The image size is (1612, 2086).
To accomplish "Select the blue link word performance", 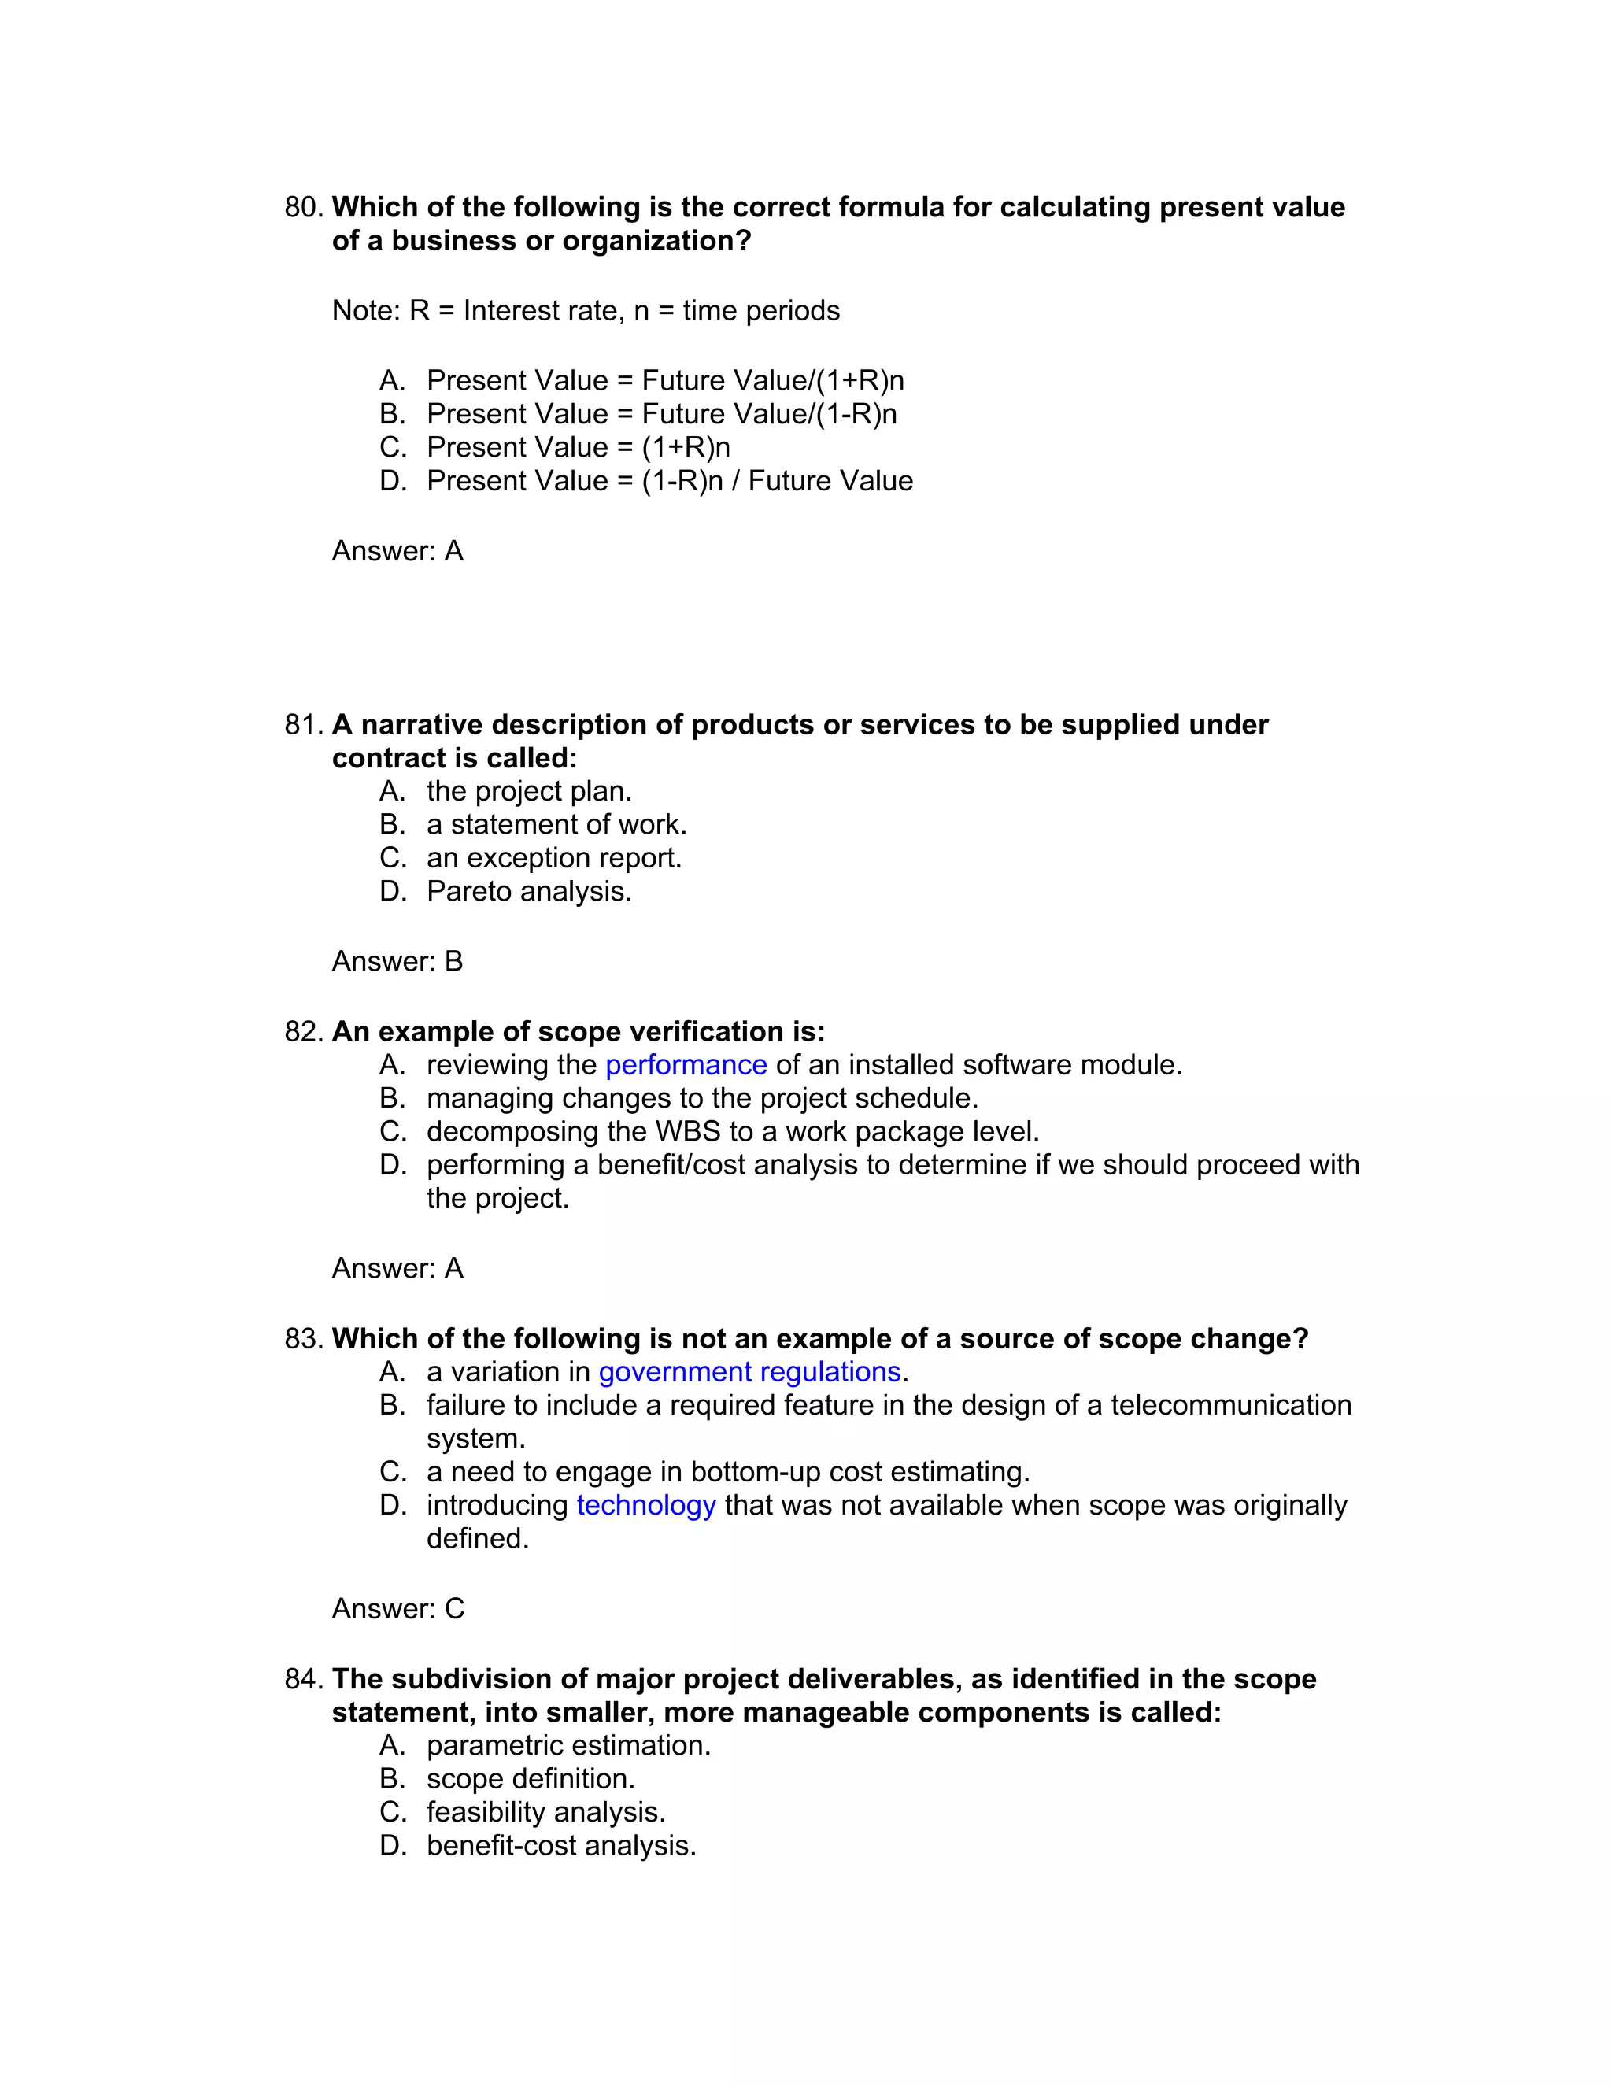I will [x=686, y=1065].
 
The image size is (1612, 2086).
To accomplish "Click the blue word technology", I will [x=645, y=1505].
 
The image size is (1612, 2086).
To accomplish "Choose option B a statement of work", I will [x=556, y=824].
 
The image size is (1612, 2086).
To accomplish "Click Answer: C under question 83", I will [x=397, y=1610].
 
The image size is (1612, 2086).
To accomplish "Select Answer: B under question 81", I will [x=397, y=962].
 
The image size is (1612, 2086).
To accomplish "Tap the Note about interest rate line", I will [x=586, y=312].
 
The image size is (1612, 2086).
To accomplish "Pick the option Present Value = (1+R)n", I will [x=578, y=447].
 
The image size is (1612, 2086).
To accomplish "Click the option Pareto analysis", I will [x=529, y=891].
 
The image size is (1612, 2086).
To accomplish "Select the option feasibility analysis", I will [x=545, y=1812].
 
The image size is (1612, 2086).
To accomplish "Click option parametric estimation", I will [x=568, y=1746].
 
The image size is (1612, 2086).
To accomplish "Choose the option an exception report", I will [x=554, y=858].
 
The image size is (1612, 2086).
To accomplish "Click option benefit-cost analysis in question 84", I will [x=560, y=1845].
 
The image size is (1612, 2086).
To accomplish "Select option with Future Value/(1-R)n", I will [x=661, y=413].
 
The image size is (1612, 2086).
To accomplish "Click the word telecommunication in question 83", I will [x=1230, y=1405].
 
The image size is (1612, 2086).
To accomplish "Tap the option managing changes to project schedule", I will [x=702, y=1098].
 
